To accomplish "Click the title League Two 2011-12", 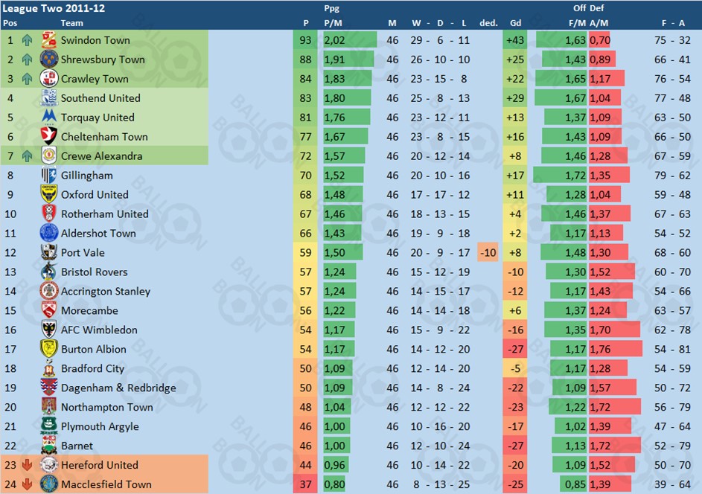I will (45, 8).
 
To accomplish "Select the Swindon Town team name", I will (95, 40).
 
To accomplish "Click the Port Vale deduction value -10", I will (488, 252).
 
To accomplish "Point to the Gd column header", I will (515, 23).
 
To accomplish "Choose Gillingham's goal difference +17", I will (514, 176).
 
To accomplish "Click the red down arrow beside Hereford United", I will (28, 465).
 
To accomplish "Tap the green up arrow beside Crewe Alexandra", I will (28, 156).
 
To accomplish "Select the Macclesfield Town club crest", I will (49, 484).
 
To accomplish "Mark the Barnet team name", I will (77, 446).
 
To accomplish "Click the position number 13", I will (10, 272).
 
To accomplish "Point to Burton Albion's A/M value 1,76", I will (600, 350).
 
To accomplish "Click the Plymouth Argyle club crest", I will (49, 426).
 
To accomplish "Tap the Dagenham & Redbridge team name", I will (118, 388).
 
